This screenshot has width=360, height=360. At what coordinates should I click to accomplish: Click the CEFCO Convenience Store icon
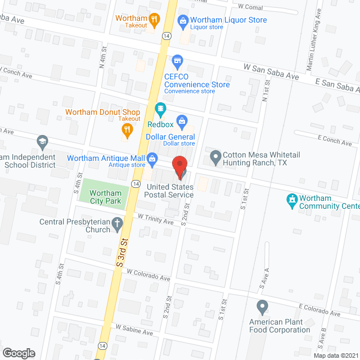click(x=177, y=60)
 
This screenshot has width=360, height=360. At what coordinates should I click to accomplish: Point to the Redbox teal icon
click(x=160, y=108)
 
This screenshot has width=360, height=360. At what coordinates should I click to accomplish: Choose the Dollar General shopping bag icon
click(x=182, y=120)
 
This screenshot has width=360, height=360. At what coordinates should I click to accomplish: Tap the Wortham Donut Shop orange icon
click(x=127, y=130)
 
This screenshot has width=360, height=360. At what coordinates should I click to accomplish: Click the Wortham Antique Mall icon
click(x=152, y=159)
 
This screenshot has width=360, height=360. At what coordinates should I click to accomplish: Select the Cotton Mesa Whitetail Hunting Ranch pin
click(x=214, y=156)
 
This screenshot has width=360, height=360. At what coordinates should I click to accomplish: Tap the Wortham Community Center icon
click(x=292, y=199)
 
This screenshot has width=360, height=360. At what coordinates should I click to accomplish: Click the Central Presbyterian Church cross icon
click(x=116, y=224)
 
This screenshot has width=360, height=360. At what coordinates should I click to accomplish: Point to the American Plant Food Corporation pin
click(x=262, y=307)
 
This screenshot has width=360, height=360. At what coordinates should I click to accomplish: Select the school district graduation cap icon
click(x=42, y=141)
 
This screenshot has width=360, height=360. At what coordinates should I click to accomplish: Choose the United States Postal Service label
click(x=170, y=191)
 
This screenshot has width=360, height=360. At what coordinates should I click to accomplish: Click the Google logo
click(x=19, y=353)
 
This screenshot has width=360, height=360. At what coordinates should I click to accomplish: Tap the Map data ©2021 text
click(x=334, y=355)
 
